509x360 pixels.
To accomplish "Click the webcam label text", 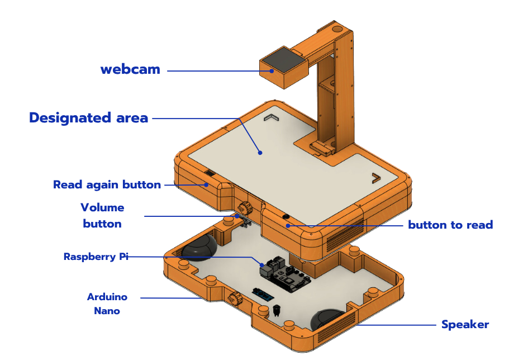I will coord(130,70).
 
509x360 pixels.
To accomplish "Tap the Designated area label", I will coord(88,118).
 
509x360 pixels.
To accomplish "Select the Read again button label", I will coord(107,184).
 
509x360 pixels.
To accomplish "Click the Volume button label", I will coord(102,216).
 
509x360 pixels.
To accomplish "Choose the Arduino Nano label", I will coord(107,304).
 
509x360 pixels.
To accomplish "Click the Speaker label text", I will coord(465,325).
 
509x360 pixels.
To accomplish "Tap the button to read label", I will coord(450,225).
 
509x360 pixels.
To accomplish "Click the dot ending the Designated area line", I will coord(260,152).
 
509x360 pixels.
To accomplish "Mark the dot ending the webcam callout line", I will coord(272,71).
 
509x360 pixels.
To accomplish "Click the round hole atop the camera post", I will coord(338,27).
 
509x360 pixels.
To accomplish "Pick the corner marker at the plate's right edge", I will coord(375,178).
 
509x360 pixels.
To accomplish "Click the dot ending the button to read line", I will coord(288,225).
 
